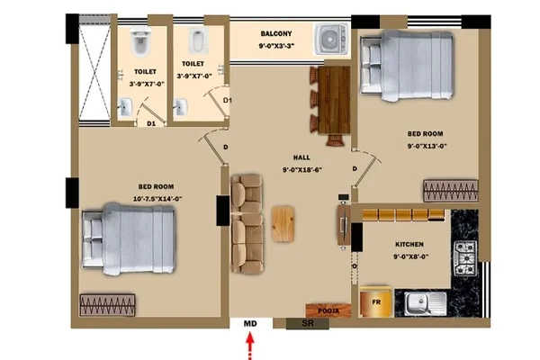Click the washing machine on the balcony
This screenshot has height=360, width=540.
point(331,39)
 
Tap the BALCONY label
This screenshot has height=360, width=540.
point(276,34)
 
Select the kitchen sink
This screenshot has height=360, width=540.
point(426,304)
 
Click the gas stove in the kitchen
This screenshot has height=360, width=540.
point(465,258)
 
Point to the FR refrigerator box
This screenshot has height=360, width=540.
point(376,301)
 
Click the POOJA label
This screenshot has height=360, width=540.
point(328,310)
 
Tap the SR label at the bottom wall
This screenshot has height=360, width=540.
point(308,323)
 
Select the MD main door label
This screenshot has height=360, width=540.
point(250,324)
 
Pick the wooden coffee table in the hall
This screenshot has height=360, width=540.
point(283,223)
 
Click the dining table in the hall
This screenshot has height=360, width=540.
point(334,100)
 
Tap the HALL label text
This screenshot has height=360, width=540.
point(301,157)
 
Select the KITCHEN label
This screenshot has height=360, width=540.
point(409,244)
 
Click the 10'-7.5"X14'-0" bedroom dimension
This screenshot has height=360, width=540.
point(157,199)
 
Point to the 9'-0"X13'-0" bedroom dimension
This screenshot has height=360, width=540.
point(427,146)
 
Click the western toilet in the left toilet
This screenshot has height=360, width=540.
point(140,42)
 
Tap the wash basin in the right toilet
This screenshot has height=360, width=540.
point(181,107)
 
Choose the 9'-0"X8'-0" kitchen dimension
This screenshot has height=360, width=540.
point(411,256)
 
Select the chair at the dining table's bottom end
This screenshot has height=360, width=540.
point(336,140)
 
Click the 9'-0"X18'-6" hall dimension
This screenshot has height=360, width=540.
point(302,170)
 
